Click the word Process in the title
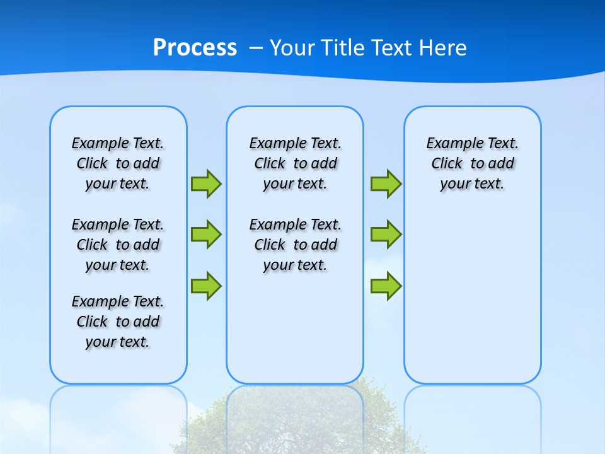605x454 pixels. pos(195,48)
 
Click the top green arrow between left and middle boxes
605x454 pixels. pos(206,183)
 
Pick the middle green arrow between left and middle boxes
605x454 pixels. pos(206,235)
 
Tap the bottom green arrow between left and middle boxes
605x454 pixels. pos(206,286)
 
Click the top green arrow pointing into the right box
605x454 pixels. pos(386,183)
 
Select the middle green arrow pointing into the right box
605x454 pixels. pos(386,235)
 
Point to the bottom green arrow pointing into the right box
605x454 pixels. pos(386,286)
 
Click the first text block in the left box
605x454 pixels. pos(118,163)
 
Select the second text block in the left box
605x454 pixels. pos(118,245)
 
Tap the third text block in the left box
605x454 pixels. pos(118,322)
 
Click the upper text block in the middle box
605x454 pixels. pos(295,163)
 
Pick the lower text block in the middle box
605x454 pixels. pos(295,245)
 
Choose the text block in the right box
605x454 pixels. pos(472,163)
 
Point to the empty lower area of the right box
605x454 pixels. pos(472,303)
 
